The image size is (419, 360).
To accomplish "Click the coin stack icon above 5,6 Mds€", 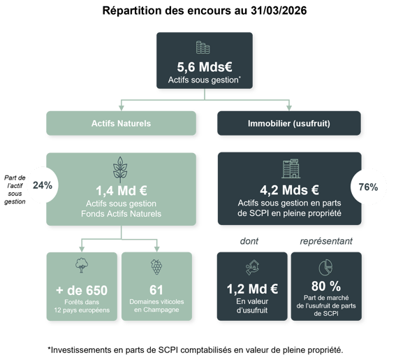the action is click(x=203, y=48).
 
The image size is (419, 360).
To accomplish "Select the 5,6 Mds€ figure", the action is click(x=205, y=67).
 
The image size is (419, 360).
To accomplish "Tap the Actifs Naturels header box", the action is click(x=121, y=123).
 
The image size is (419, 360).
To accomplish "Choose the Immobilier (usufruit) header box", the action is click(x=289, y=123).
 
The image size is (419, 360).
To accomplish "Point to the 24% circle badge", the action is click(x=43, y=185).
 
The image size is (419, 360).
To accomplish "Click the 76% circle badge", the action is click(x=368, y=187).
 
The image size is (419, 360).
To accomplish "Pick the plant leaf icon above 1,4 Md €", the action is click(x=120, y=170).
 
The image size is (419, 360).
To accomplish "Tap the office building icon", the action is click(x=291, y=168).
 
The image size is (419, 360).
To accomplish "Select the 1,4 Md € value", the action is click(x=122, y=191).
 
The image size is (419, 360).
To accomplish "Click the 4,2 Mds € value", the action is click(x=289, y=190).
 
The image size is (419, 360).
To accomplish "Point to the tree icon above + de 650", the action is click(x=82, y=265).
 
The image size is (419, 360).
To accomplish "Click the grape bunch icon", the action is click(x=156, y=266).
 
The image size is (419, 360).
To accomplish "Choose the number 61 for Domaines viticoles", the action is click(x=156, y=290).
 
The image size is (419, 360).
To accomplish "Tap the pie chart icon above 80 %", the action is click(x=325, y=267).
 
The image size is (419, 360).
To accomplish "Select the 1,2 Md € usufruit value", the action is click(x=252, y=289).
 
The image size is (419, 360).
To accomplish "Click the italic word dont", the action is click(x=249, y=241).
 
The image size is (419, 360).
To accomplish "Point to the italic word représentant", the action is click(x=326, y=241).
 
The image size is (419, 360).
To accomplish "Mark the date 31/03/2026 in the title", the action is click(x=279, y=10).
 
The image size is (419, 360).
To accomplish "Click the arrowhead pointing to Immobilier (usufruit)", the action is click(x=289, y=108).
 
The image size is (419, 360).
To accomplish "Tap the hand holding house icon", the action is click(x=252, y=267).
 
